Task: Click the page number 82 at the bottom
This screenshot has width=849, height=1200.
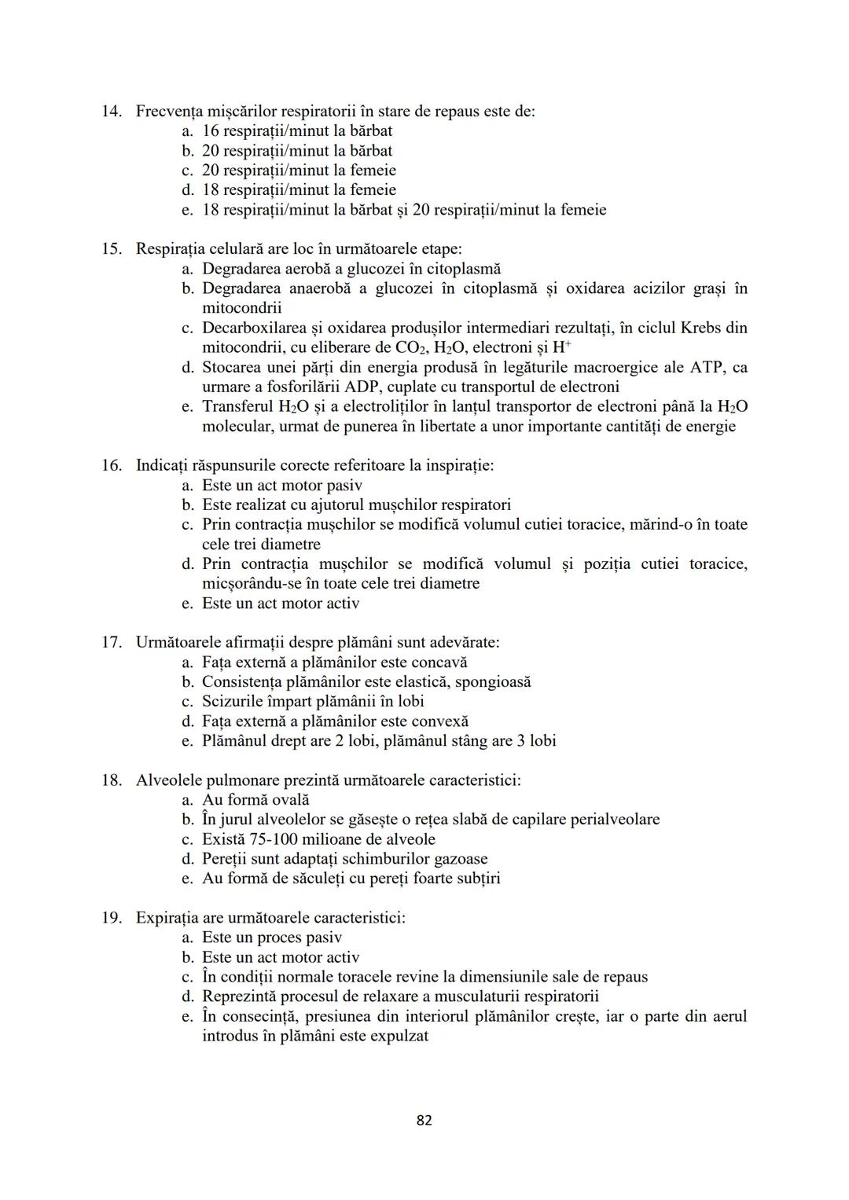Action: tap(424, 1120)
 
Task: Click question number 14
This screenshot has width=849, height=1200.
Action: tap(111, 112)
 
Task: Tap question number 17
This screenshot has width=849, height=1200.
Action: tap(111, 643)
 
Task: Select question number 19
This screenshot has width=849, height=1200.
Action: tap(111, 918)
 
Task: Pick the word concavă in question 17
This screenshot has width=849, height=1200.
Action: tap(439, 662)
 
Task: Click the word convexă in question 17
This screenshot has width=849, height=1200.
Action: tap(439, 721)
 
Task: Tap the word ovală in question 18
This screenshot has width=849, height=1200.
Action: tap(286, 800)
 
